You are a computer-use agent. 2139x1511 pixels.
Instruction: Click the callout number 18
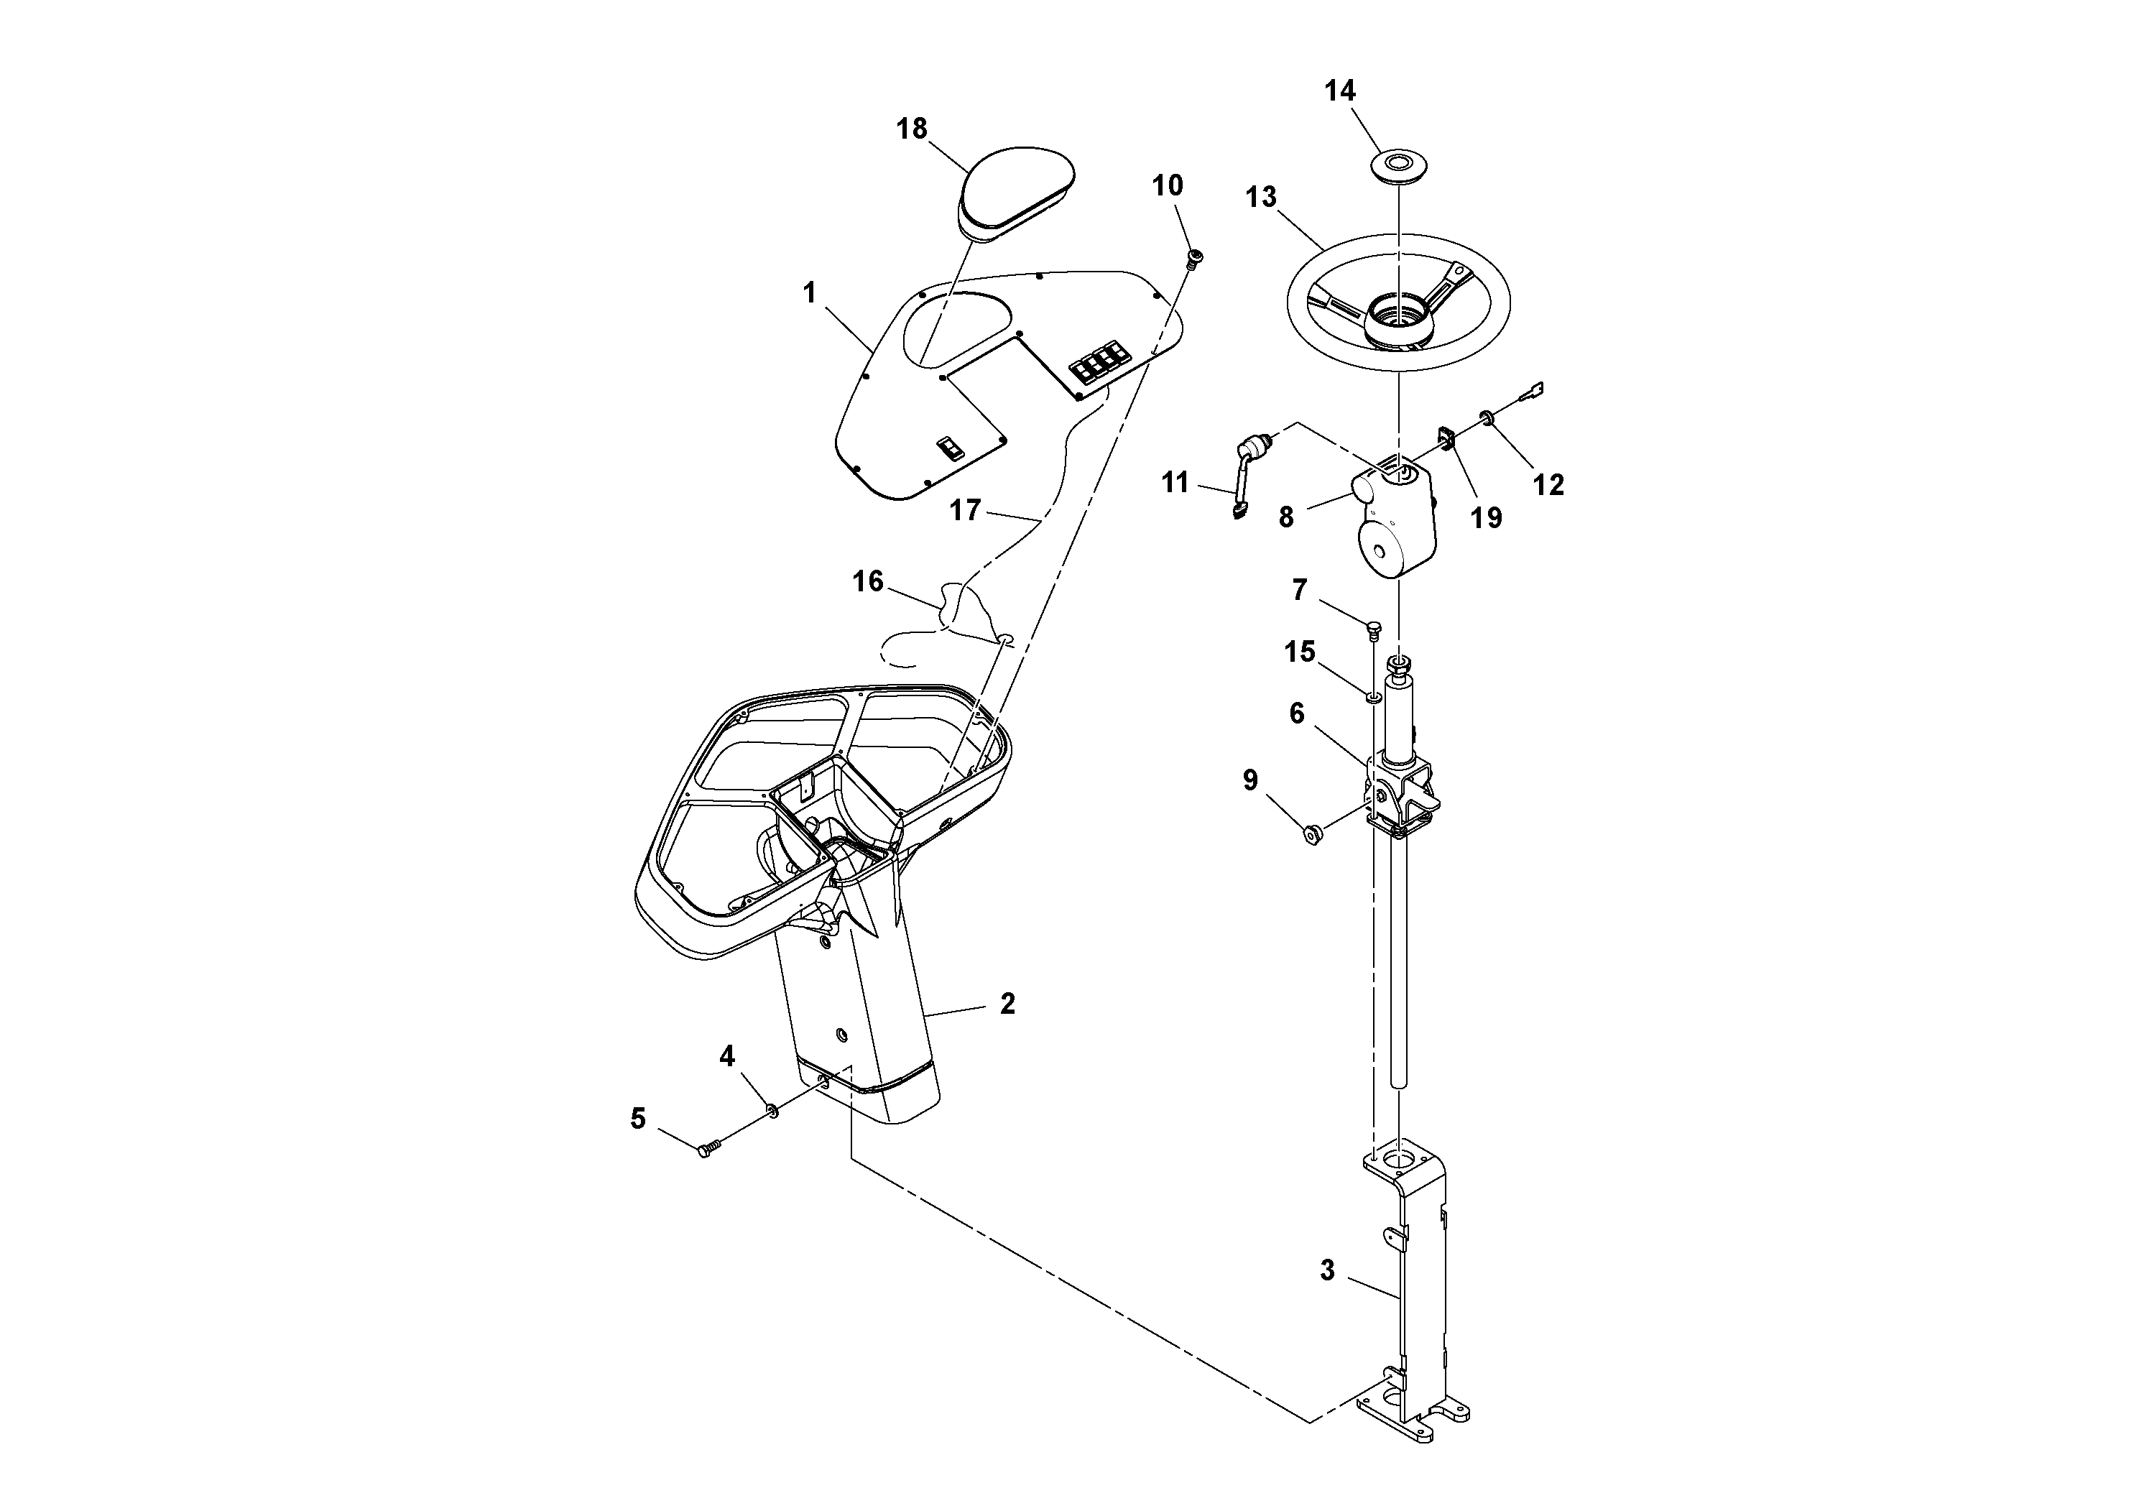[x=912, y=129]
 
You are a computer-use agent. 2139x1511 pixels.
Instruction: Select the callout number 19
[x=1486, y=518]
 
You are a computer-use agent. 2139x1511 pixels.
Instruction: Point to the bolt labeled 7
[x=1373, y=629]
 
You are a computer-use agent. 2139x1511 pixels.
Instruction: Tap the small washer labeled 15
[x=1373, y=697]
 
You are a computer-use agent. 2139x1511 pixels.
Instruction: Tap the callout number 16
[x=867, y=582]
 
